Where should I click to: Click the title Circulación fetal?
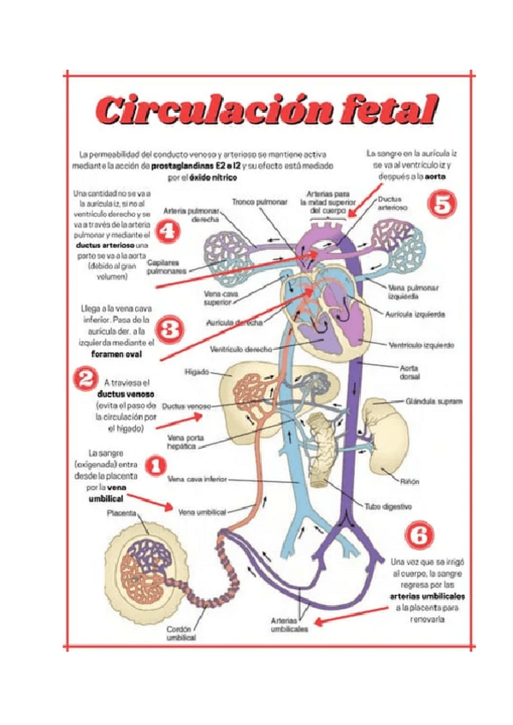coord(265,110)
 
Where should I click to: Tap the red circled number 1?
coord(156,465)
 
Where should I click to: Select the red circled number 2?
coord(85,377)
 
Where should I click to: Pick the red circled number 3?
coord(169,328)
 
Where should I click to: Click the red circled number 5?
coord(442,204)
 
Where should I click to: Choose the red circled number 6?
coord(418,534)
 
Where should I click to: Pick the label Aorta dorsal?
coord(410,371)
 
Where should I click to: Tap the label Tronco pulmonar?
coord(257,203)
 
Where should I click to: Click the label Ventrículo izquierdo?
coord(422,345)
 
